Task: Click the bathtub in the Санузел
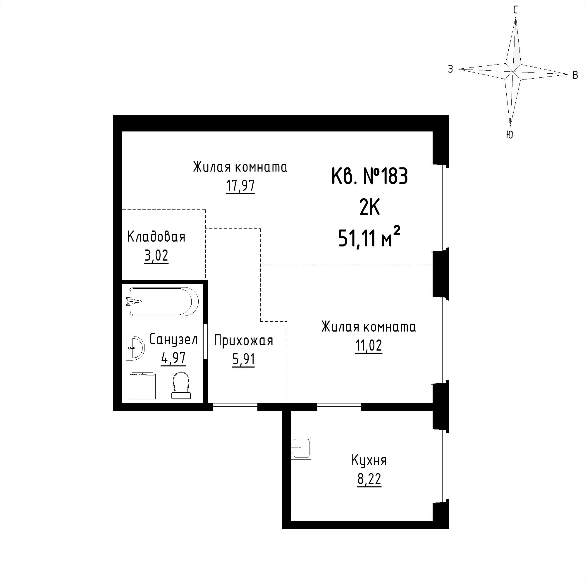[x=164, y=301]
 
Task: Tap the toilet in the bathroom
[x=181, y=385]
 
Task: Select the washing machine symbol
[x=142, y=386]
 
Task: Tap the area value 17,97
[x=240, y=186]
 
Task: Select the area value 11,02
[x=369, y=346]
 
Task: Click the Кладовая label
[x=156, y=237]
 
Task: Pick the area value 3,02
[x=156, y=256]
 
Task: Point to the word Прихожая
[x=243, y=341]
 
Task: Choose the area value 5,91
[x=243, y=360]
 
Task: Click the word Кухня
[x=369, y=461]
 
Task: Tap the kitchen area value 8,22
[x=369, y=480]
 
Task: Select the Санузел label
[x=173, y=339]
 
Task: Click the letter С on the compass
[x=516, y=10]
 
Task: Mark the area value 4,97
[x=173, y=358]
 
